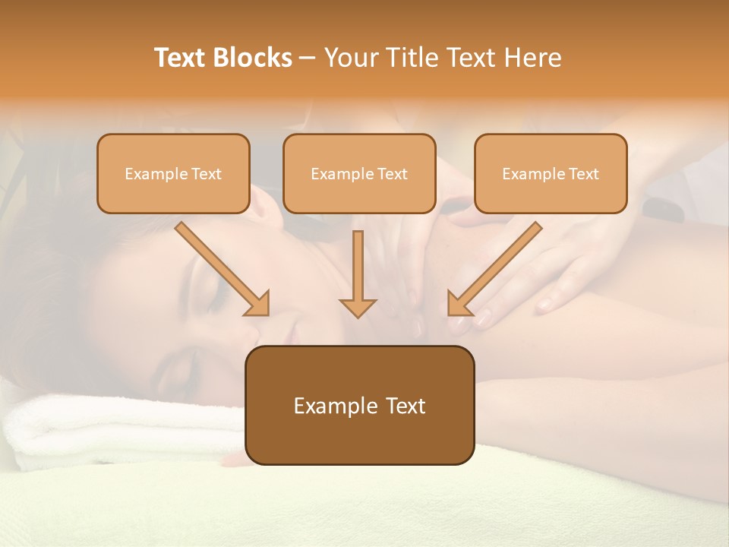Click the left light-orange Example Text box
(x=173, y=174)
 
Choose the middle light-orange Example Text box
(x=359, y=174)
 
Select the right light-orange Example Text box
(x=551, y=174)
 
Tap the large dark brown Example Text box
(x=359, y=406)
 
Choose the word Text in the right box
(x=583, y=174)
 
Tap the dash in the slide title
(x=308, y=58)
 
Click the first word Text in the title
(x=181, y=58)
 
